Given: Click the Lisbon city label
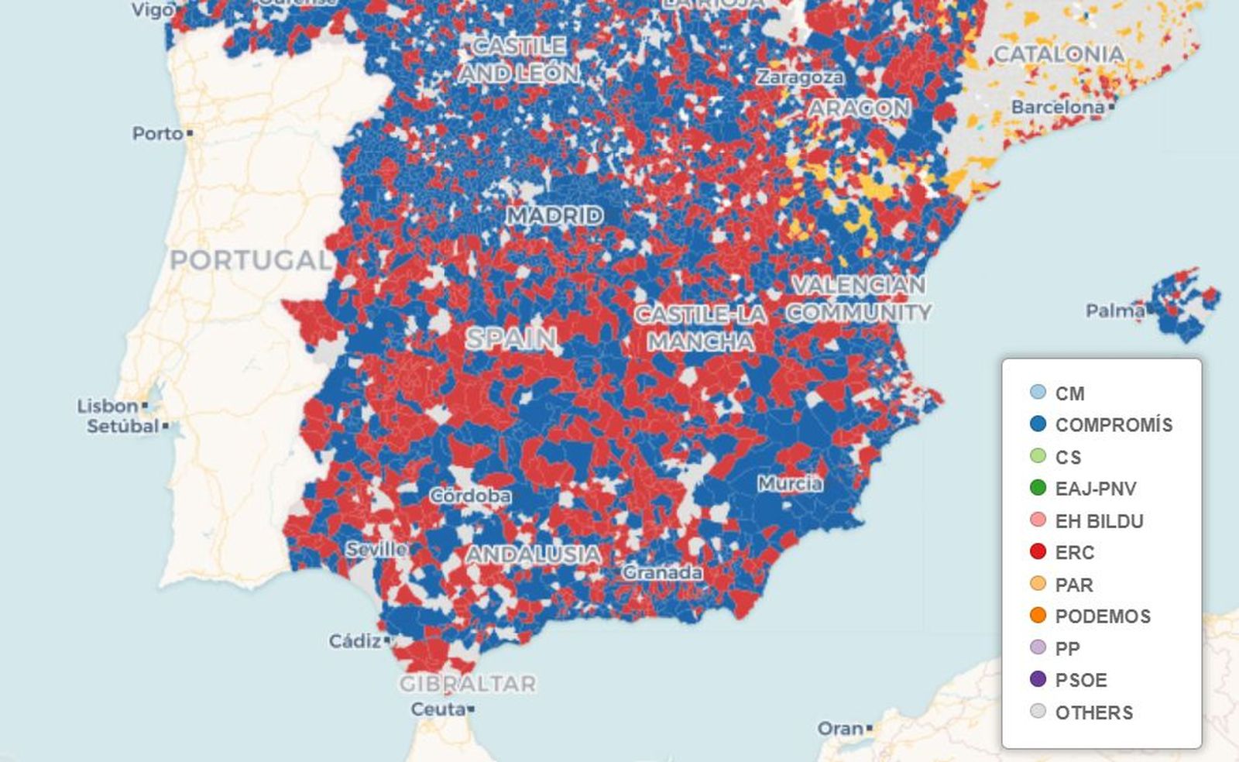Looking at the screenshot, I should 107,406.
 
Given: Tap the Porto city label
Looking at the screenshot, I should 157,133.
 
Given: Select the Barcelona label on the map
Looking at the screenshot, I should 1057,107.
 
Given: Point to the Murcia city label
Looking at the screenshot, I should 790,484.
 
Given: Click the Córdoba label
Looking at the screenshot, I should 470,495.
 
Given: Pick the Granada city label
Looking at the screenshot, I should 663,572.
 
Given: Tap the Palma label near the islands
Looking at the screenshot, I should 1115,311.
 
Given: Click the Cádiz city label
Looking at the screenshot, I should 355,641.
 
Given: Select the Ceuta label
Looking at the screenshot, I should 438,709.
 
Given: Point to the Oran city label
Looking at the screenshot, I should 840,729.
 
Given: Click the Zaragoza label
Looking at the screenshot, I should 800,77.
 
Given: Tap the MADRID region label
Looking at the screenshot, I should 554,215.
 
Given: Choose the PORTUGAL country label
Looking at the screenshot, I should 250,260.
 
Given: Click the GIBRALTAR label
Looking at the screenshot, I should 468,684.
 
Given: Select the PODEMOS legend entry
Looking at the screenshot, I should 1103,616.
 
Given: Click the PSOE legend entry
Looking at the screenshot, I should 1081,680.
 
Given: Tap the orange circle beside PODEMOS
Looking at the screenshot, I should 1038,616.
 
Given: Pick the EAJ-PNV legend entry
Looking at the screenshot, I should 1096,489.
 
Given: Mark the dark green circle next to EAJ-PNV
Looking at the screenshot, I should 1038,488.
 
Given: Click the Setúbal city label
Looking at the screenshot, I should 122,426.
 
